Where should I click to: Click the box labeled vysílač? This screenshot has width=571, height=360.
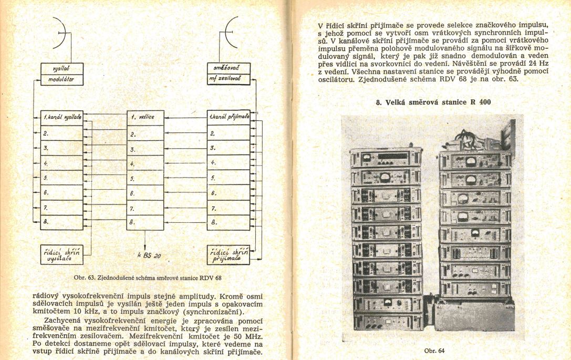coord(62,68)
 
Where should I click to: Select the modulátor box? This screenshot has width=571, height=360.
coord(62,79)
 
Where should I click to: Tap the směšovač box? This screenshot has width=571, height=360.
coord(229,68)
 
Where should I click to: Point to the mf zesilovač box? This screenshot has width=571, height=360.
coord(229,79)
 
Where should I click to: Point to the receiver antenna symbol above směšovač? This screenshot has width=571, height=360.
coord(230,33)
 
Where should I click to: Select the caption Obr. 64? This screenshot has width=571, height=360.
coord(434,350)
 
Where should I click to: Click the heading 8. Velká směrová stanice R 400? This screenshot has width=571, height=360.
coord(433,102)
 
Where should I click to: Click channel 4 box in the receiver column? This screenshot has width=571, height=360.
coord(229,163)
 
